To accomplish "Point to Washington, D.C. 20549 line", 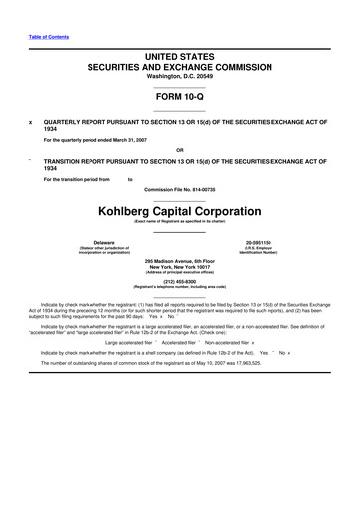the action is click(180, 76).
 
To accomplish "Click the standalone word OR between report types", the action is click(180, 151).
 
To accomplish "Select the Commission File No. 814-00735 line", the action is click(180, 189).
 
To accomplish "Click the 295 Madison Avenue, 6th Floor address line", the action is click(180, 261).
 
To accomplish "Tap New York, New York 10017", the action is click(180, 267).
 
